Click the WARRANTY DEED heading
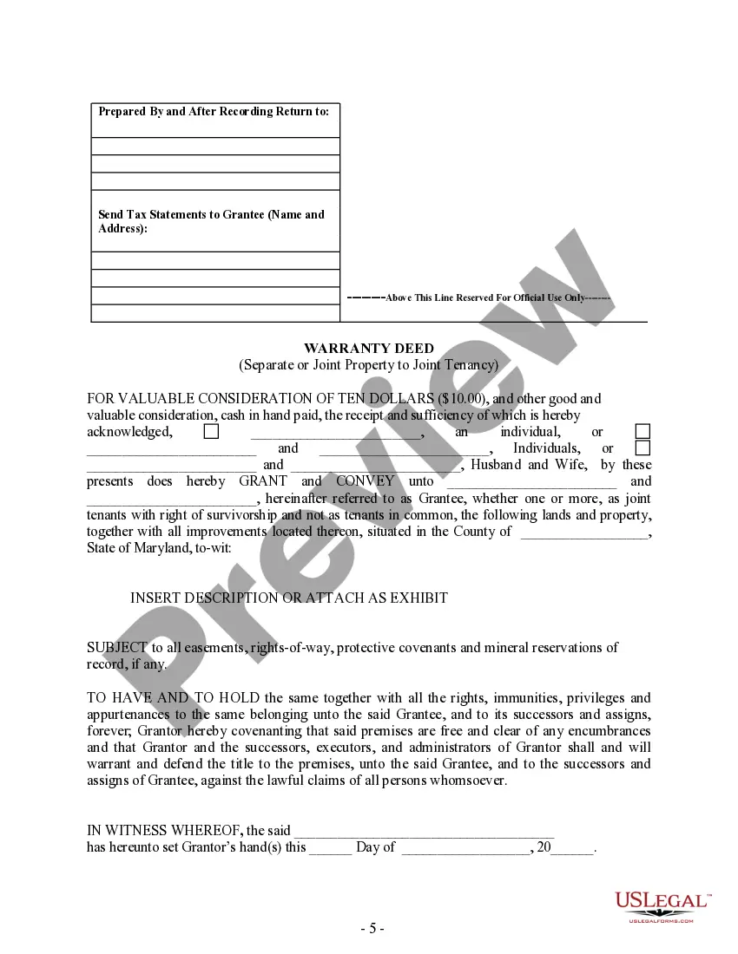(x=369, y=349)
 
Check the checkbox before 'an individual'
(x=211, y=431)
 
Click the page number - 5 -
(x=372, y=928)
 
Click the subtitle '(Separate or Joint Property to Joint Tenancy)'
(x=369, y=365)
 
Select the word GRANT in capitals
(x=263, y=481)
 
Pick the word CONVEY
(x=365, y=481)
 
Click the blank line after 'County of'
(x=583, y=533)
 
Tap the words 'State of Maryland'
(x=130, y=548)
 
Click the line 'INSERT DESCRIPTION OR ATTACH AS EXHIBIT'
(x=289, y=598)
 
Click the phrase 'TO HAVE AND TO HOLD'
(x=174, y=698)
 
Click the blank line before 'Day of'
(x=331, y=848)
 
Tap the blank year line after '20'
(x=573, y=848)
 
